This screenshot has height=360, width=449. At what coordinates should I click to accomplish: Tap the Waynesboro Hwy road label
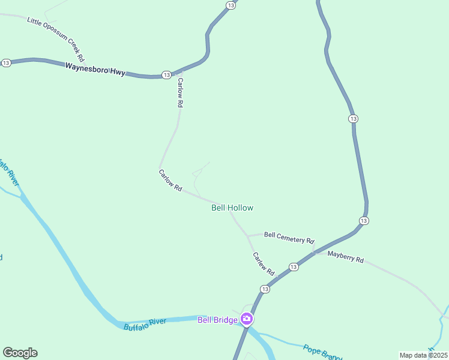click(x=95, y=69)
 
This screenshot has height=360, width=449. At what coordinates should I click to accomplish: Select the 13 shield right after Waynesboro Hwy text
click(x=166, y=75)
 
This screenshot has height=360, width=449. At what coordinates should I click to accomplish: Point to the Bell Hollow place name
click(x=232, y=208)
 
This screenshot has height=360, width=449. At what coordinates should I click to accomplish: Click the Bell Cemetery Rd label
click(x=289, y=238)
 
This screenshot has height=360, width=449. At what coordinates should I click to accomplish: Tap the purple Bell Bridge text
click(x=217, y=319)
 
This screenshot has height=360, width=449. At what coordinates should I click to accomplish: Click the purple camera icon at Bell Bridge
click(x=246, y=319)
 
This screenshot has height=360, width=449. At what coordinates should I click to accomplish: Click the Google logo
click(x=20, y=353)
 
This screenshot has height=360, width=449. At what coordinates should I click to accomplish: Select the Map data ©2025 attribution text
click(x=423, y=355)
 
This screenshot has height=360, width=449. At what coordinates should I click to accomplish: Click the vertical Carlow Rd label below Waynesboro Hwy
click(x=179, y=93)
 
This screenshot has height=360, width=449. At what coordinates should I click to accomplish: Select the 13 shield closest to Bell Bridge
click(x=265, y=289)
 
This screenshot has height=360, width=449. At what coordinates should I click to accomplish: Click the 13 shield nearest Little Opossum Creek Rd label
click(x=7, y=63)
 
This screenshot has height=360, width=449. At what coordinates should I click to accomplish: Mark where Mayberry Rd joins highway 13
click(x=315, y=253)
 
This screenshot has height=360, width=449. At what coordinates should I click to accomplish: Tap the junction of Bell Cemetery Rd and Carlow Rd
click(x=247, y=235)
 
